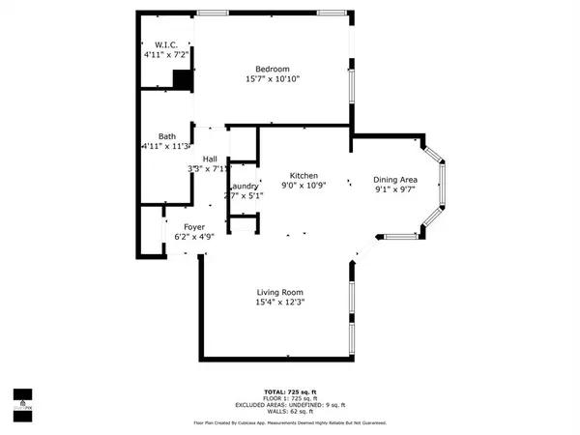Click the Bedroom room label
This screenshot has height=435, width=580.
point(273,68)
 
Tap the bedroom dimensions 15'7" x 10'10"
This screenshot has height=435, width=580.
point(273,78)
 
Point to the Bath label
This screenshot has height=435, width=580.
point(167,136)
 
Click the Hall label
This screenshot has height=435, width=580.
point(210,159)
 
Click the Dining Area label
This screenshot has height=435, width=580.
point(395,179)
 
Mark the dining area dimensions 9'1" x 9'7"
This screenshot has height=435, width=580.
point(395,189)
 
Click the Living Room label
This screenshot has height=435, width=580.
point(280,293)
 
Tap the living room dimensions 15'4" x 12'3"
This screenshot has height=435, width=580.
point(280,304)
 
